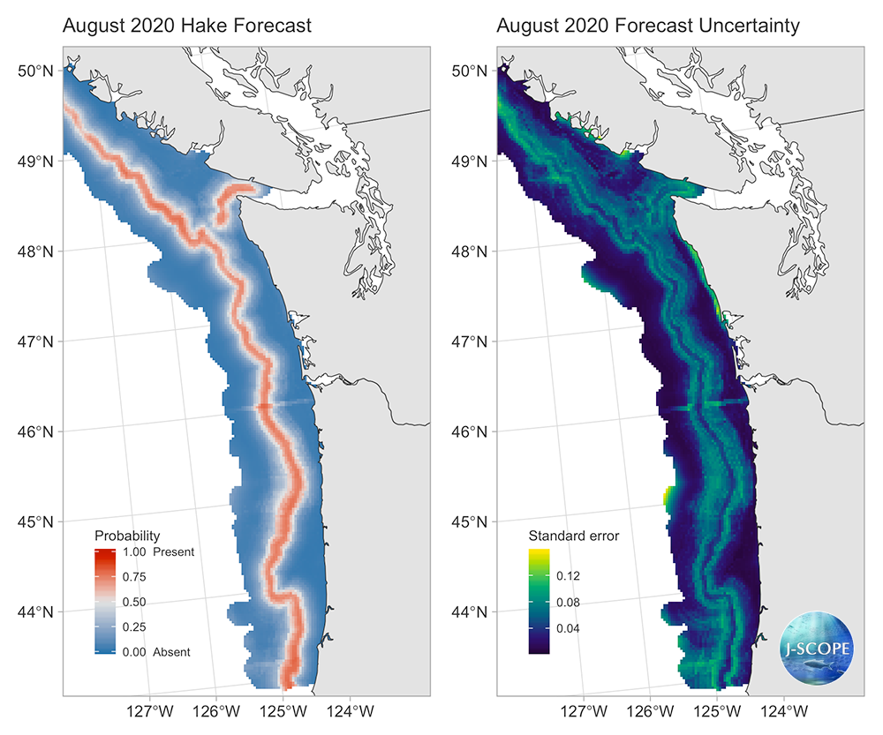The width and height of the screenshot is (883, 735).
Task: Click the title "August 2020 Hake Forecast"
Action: tap(186, 26)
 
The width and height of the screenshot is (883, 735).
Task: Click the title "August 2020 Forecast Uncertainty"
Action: tap(648, 26)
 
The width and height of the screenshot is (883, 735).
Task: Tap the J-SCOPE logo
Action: tap(817, 647)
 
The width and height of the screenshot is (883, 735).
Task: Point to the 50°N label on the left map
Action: tap(36, 71)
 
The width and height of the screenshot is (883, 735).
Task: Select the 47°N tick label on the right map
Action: tap(471, 341)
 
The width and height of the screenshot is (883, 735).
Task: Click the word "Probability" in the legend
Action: tap(127, 536)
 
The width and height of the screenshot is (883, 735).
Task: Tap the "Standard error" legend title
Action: tap(573, 536)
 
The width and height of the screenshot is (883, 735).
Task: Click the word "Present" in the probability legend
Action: tap(173, 552)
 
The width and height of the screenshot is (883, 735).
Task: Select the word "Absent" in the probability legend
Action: tap(171, 652)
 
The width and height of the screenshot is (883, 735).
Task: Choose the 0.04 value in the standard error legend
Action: tap(567, 629)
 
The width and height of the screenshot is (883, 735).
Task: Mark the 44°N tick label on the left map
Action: tap(36, 611)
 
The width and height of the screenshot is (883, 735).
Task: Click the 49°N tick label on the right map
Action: tap(471, 161)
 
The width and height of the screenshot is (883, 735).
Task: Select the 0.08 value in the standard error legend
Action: tap(567, 603)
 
